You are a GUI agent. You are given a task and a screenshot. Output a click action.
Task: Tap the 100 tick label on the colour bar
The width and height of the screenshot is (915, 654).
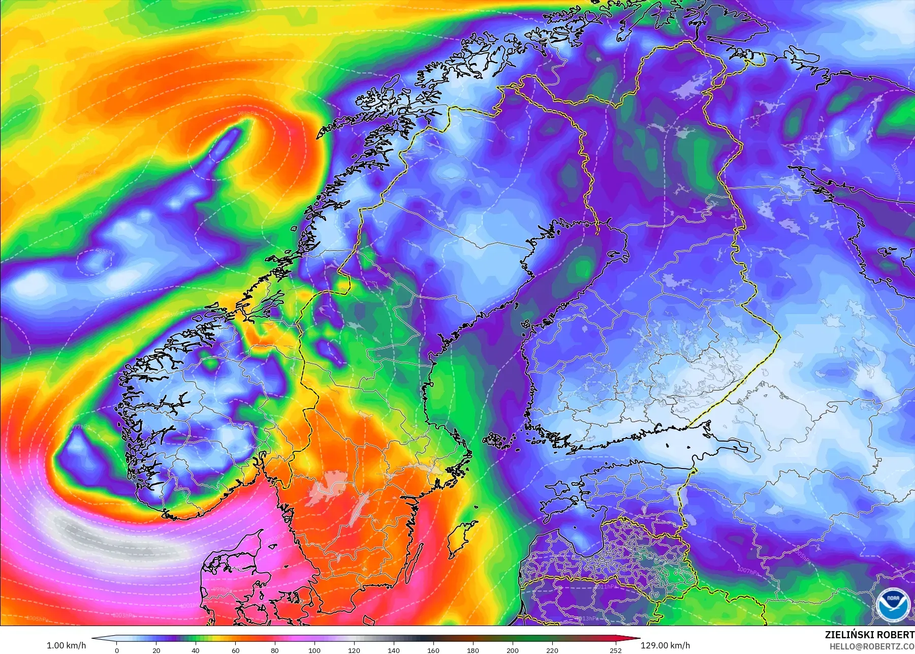tap(314, 650)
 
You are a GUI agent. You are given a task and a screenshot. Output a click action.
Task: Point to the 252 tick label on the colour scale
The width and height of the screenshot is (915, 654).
tap(616, 650)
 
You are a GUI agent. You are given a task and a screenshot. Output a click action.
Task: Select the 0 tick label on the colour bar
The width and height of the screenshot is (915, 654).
tap(117, 650)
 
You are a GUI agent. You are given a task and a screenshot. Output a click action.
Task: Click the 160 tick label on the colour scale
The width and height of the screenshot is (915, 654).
tap(433, 650)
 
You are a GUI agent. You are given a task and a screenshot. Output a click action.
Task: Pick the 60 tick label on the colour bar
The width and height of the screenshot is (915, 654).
tap(235, 650)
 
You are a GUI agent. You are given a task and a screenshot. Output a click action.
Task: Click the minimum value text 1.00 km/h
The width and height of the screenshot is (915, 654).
tap(66, 645)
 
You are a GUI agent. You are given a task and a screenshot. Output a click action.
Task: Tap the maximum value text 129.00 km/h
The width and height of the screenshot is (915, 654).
tap(665, 645)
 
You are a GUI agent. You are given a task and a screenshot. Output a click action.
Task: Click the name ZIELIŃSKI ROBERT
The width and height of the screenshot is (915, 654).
tap(869, 635)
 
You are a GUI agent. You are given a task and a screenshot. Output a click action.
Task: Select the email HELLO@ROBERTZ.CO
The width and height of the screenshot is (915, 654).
tap(872, 647)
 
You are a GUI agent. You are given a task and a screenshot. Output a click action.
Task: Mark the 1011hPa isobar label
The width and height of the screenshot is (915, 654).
tap(606, 586)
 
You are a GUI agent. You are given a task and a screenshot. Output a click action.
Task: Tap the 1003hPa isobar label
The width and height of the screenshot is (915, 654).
tap(122, 615)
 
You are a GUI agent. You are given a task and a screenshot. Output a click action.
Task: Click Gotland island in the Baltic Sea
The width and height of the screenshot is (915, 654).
tap(461, 539)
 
